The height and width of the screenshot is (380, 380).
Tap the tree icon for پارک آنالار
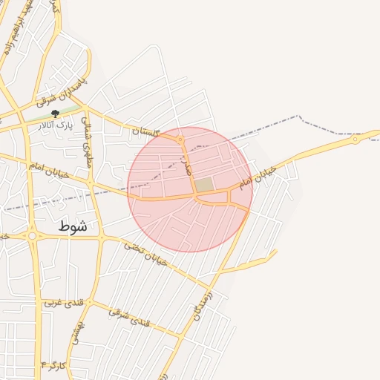(56, 114)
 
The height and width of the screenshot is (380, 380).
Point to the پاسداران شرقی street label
(63, 91)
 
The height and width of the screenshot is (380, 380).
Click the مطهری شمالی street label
(87, 141)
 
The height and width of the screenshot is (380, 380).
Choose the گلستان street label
(145, 131)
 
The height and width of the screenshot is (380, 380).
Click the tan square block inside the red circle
(203, 185)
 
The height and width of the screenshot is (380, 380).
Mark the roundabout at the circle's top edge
(180, 139)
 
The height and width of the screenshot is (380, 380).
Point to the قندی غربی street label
(59, 302)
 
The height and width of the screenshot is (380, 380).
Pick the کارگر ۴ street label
(54, 366)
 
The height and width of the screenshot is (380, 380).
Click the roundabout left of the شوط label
(32, 236)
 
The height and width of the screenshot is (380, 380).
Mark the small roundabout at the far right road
(356, 139)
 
